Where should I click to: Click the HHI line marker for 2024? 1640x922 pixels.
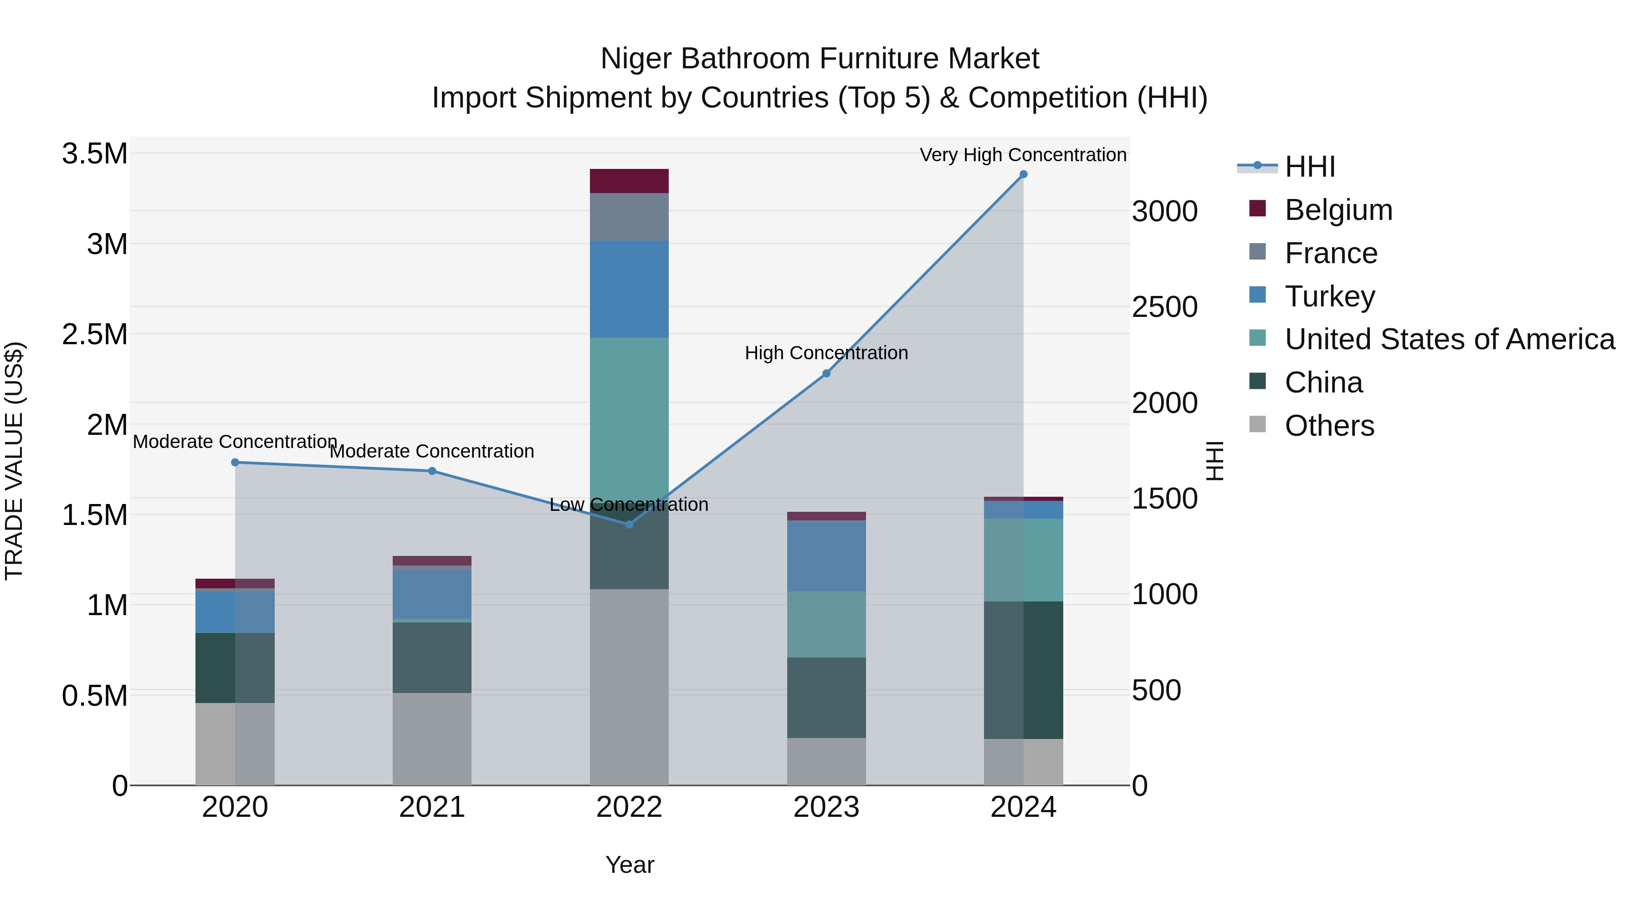coord(1023,174)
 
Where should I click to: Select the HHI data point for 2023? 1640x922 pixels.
coord(826,373)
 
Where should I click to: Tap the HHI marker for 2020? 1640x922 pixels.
coord(235,463)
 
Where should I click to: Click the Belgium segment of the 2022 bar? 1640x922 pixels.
coord(629,181)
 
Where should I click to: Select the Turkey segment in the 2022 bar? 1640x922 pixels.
coord(629,290)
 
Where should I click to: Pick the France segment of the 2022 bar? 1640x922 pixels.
coord(629,217)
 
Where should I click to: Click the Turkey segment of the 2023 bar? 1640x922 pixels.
coord(826,556)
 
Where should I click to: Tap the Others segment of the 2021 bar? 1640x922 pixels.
coord(432,739)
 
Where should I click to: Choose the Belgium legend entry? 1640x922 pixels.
coord(1338,210)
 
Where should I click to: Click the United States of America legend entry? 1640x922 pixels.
coord(1449,339)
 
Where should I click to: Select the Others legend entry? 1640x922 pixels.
coord(1329,426)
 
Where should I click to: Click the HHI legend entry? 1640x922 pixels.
coord(1310,167)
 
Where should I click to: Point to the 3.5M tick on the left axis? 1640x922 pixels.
coord(94,154)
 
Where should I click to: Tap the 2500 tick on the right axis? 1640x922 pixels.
coord(1164,307)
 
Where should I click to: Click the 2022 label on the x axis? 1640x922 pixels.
coord(629,807)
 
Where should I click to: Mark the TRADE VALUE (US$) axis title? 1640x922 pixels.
coord(14,461)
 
